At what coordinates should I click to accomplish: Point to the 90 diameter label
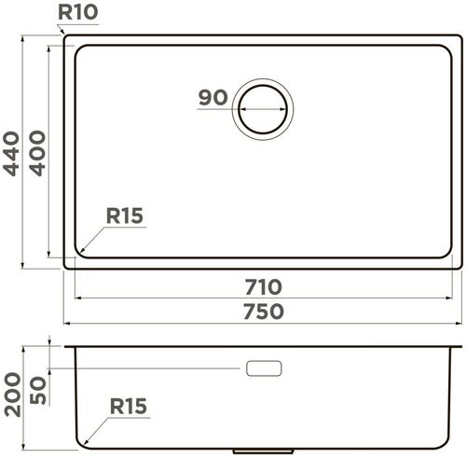214,98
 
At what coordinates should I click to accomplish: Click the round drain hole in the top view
265,108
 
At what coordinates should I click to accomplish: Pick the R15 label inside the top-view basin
123,216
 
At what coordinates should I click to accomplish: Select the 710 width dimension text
265,285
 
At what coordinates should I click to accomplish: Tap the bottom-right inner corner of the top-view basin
450,257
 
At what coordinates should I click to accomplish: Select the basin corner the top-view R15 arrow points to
79,253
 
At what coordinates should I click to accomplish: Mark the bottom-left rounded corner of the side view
80,442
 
